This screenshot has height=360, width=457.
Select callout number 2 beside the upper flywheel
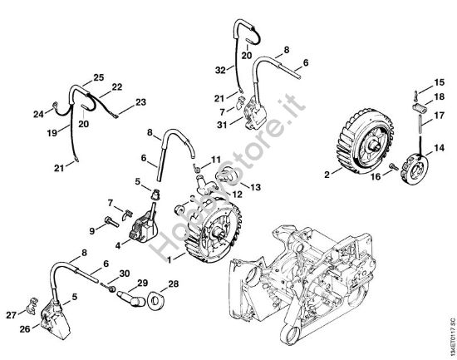[x=327, y=175]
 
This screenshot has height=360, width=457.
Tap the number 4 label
[x=118, y=244]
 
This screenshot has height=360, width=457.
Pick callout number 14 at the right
[x=426, y=147]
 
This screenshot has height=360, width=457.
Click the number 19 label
[x=52, y=131]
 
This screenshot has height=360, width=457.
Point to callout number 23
[x=141, y=102]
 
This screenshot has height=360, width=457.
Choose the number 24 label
[x=38, y=114]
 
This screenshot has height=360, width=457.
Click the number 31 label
[x=220, y=126]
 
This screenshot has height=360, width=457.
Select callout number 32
[x=219, y=71]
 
